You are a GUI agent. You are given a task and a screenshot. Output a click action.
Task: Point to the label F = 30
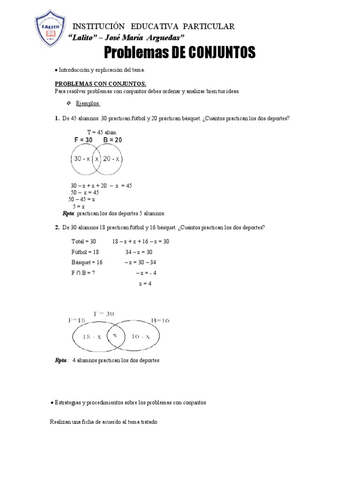click(83, 140)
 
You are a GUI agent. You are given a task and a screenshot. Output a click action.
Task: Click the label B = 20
click(112, 140)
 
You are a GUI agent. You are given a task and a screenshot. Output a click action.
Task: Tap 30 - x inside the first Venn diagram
click(82, 159)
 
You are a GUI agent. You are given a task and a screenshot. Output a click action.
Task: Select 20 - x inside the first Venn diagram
click(112, 159)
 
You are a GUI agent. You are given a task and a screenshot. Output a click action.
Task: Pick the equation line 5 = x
click(78, 206)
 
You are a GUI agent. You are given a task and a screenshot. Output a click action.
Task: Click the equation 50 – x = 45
click(84, 192)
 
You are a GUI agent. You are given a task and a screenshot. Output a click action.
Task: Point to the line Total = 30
click(83, 241)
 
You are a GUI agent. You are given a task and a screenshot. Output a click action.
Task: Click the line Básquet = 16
click(87, 262)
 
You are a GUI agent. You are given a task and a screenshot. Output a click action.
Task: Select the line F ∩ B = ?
click(83, 273)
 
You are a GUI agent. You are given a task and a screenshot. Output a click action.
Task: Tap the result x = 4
click(145, 284)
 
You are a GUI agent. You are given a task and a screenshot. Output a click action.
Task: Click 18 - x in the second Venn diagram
click(92, 337)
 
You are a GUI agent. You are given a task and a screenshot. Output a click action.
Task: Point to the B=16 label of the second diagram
click(160, 320)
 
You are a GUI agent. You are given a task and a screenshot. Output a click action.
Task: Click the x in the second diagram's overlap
click(115, 336)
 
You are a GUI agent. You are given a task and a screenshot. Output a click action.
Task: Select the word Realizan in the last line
click(60, 422)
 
